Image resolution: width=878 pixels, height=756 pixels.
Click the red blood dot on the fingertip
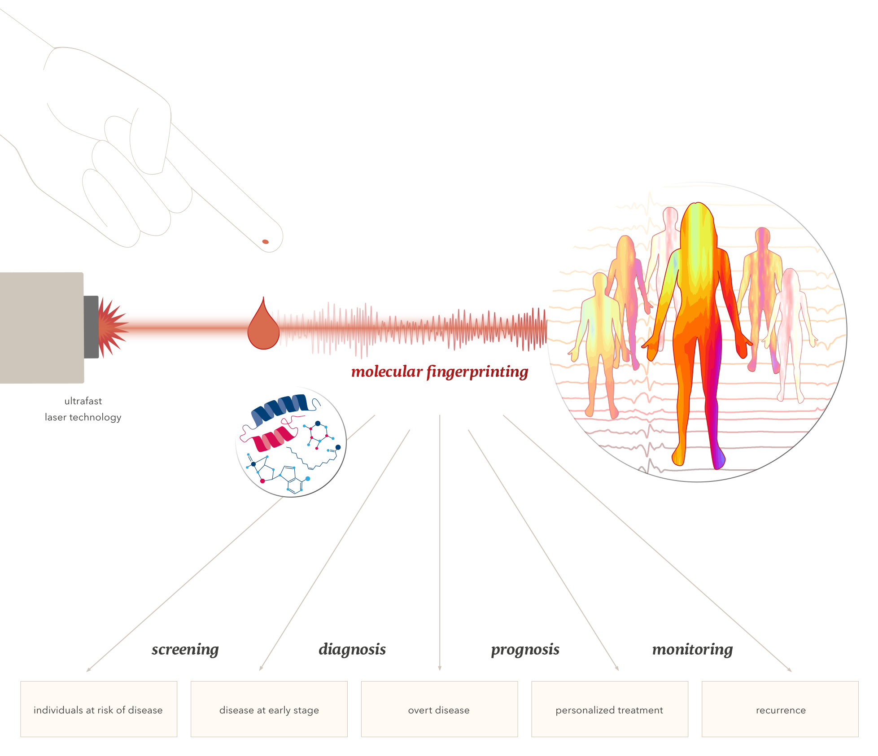click(x=265, y=242)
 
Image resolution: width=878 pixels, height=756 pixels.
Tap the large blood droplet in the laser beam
click(x=263, y=328)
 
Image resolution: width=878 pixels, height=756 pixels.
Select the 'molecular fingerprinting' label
click(x=440, y=372)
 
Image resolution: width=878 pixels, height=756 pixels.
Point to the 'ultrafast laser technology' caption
click(x=83, y=409)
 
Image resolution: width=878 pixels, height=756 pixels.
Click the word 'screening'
click(x=185, y=649)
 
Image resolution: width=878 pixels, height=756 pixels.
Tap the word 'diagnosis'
click(x=352, y=649)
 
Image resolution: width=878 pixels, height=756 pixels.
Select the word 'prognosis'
click(x=525, y=649)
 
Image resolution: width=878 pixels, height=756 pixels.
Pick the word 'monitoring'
click(x=692, y=649)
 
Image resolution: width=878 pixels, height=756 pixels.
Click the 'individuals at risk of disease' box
click(x=99, y=709)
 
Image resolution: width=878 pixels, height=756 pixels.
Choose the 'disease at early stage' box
click(x=269, y=709)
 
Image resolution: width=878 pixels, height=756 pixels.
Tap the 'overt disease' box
click(x=439, y=709)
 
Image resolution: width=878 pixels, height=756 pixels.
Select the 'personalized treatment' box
click(x=609, y=709)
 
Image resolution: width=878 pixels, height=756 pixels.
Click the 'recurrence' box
click(x=780, y=709)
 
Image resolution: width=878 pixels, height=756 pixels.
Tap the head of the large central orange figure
click(x=697, y=220)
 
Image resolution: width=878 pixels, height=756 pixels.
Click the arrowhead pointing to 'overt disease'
click(x=440, y=668)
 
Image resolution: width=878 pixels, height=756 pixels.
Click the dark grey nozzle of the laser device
click(x=91, y=327)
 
